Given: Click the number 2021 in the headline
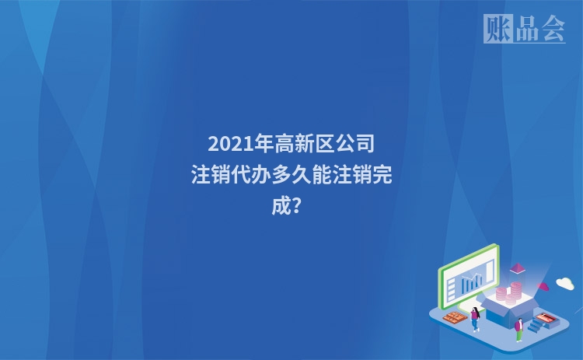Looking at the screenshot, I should (x=226, y=144).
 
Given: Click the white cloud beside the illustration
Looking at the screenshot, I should (x=564, y=284).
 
